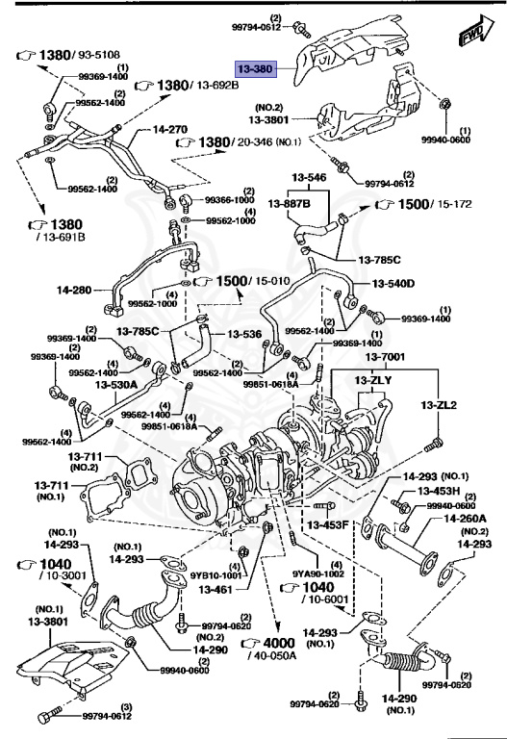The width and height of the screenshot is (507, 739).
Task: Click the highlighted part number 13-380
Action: coord(258,69)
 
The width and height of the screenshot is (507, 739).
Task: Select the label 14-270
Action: coord(145,128)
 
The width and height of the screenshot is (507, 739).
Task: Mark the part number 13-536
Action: coord(244,334)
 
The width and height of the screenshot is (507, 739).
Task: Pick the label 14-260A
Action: coord(465,519)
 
